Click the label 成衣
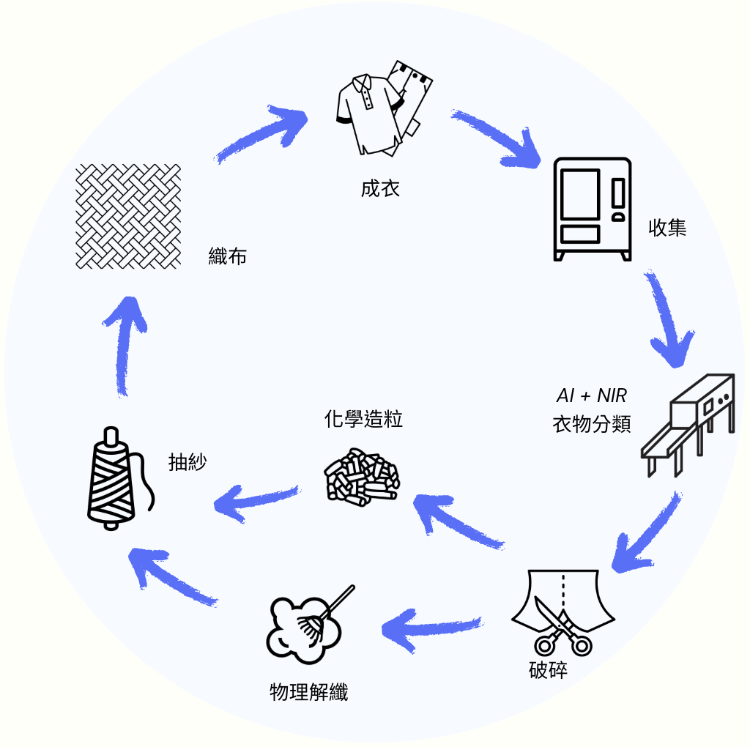click(380, 188)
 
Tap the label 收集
click(667, 227)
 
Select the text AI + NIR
click(592, 395)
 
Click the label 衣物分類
click(592, 424)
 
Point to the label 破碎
click(548, 670)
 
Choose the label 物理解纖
click(309, 692)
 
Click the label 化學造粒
click(363, 419)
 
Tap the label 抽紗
click(187, 462)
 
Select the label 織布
click(228, 256)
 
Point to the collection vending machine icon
click(592, 209)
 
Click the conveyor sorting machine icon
click(688, 425)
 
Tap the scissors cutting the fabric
click(563, 625)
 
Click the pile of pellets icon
click(362, 477)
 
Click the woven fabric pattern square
click(128, 216)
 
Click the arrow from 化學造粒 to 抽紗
click(256, 503)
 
